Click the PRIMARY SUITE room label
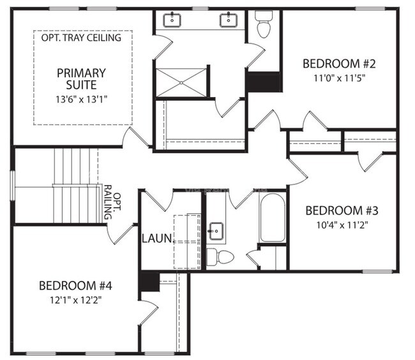coord(80,79)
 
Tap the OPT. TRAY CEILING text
coord(81,38)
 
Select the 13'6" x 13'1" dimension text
coord(80,99)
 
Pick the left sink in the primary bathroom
coord(173,20)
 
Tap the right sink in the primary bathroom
coord(229,20)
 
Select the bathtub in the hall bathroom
coord(273,218)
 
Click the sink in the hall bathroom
coord(215,230)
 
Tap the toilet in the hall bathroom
coord(220,257)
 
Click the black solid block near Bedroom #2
coord(264,82)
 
